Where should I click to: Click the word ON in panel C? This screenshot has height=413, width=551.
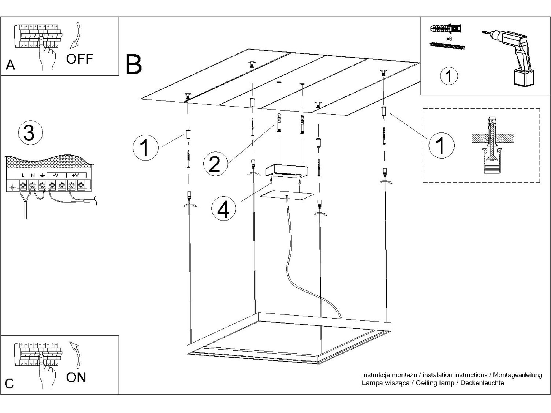tap(76, 377)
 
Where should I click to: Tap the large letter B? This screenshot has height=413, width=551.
tap(134, 64)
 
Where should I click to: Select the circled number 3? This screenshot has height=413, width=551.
tap(30, 133)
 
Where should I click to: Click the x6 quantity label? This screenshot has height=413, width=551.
tap(449, 39)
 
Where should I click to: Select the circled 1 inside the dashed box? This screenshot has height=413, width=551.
tap(441, 145)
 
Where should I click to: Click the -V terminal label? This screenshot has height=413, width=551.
tap(56, 175)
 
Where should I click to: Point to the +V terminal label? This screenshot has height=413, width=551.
tap(75, 175)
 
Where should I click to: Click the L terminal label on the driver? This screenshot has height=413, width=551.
tap(23, 175)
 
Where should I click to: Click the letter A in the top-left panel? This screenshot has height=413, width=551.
tap(10, 65)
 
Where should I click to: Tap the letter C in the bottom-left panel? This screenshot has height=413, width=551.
tap(9, 384)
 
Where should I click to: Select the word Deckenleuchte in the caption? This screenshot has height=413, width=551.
tap(482, 383)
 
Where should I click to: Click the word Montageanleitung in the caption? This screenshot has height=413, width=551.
tap(517, 375)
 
